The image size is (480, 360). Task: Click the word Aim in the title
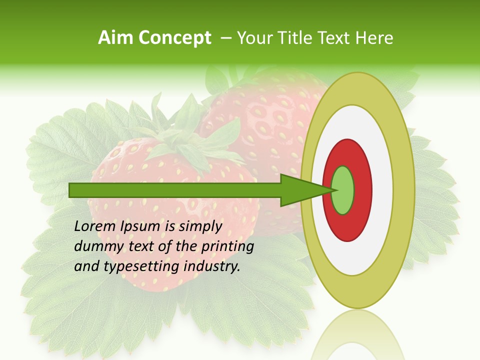click(x=116, y=38)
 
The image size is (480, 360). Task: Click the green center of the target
click(x=342, y=190)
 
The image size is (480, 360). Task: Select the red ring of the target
click(x=362, y=190)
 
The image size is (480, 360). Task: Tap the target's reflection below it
click(x=357, y=335)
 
